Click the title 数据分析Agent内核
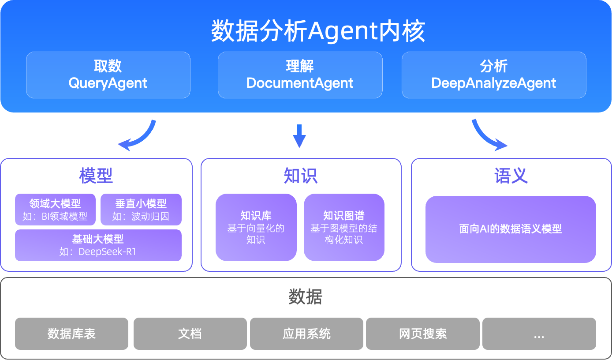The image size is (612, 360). [318, 31]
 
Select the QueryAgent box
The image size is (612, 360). [108, 75]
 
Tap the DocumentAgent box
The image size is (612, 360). [300, 75]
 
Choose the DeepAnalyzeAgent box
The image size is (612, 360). [494, 75]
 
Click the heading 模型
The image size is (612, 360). [96, 176]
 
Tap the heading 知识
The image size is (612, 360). [301, 176]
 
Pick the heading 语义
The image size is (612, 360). [511, 176]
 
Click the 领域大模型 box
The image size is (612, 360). [55, 210]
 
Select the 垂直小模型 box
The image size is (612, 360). [141, 210]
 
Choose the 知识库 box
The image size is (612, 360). [256, 227]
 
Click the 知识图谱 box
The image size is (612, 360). [344, 227]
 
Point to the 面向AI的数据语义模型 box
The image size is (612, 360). [511, 229]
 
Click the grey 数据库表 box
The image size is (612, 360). [71, 334]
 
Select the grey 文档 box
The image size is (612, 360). [190, 334]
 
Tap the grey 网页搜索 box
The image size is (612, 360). [423, 334]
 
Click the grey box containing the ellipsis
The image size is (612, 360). [539, 334]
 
